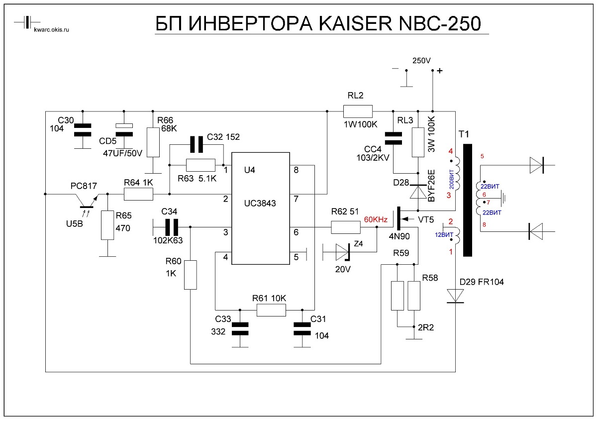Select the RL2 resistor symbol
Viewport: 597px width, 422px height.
(x=358, y=111)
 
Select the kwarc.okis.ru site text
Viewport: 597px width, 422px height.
(x=52, y=30)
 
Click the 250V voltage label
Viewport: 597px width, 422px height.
(x=421, y=61)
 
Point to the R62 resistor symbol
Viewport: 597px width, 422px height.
(x=345, y=227)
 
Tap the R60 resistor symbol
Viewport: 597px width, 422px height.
(x=191, y=275)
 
